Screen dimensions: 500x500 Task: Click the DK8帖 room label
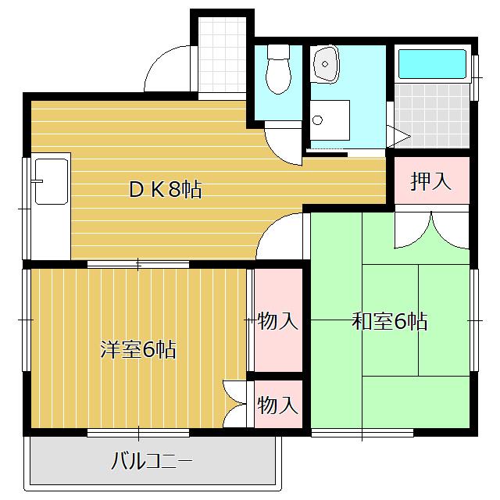point(165,189)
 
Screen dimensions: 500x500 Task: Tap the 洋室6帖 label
point(137,349)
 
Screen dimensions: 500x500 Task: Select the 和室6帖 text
point(389,321)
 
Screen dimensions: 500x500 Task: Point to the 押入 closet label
point(431,181)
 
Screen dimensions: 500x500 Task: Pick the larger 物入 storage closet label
point(278,321)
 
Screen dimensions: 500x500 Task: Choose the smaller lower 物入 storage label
point(278,405)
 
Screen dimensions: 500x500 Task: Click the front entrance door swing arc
point(166,70)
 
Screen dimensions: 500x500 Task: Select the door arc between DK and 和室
point(281,234)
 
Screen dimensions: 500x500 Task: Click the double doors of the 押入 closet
point(431,227)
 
